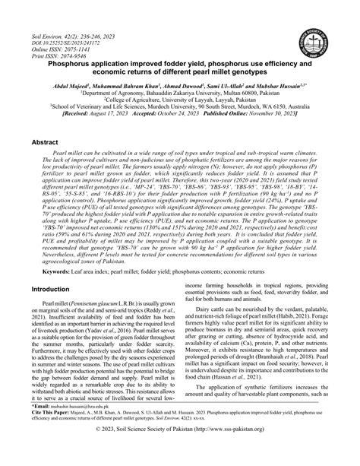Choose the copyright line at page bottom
click(179, 454)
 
